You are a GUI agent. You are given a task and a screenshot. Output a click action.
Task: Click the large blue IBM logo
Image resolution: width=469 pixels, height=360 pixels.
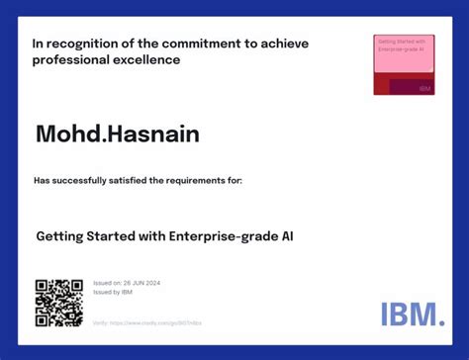(413, 315)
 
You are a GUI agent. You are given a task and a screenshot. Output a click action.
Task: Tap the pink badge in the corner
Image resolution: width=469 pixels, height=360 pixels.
(404, 65)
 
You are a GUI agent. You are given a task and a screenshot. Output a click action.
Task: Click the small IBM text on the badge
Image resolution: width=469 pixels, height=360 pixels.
(424, 88)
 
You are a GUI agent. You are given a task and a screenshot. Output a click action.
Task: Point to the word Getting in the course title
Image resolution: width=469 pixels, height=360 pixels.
(61, 236)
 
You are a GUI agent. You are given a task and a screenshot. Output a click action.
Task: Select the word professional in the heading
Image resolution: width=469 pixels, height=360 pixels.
(67, 60)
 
